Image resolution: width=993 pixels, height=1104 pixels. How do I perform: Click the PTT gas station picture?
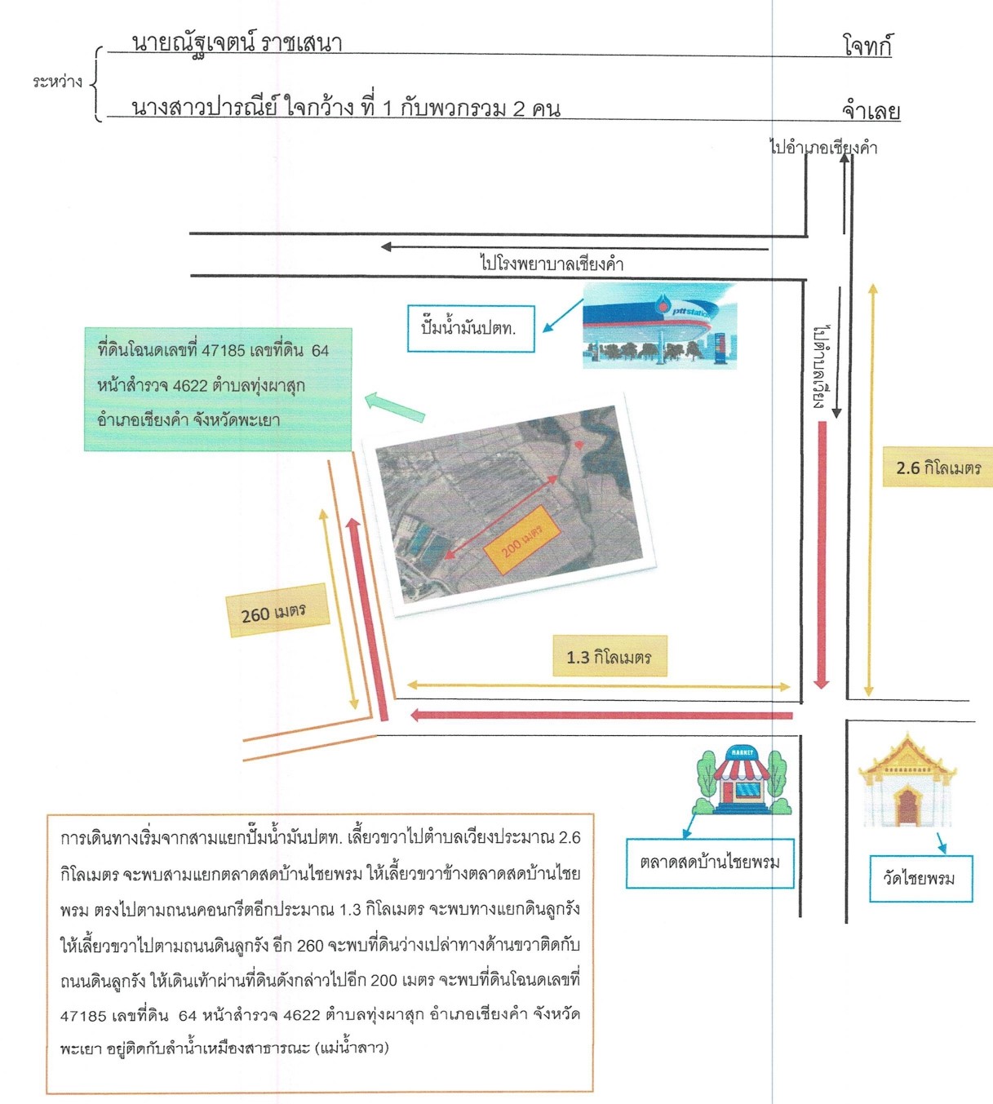(659, 326)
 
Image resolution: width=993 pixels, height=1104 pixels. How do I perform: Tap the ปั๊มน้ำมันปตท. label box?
(471, 329)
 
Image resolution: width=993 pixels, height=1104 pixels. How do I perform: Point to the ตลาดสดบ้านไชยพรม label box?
(710, 863)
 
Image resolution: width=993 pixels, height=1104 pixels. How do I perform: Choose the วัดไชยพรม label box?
(921, 878)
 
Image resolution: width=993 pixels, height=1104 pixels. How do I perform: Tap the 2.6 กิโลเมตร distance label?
(938, 468)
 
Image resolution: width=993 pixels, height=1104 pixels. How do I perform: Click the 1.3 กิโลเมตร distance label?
(610, 656)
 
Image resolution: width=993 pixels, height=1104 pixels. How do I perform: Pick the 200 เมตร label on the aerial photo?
(522, 540)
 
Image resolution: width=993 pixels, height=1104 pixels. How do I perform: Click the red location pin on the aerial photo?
(578, 444)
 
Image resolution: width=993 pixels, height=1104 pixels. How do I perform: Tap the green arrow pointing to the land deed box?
(395, 406)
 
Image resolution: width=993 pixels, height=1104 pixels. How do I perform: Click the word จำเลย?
(871, 110)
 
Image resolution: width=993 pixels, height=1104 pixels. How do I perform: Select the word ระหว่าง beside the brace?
(57, 82)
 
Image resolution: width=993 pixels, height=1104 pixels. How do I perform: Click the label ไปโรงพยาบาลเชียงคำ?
(552, 264)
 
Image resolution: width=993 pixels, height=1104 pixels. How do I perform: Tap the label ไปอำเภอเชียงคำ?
(823, 148)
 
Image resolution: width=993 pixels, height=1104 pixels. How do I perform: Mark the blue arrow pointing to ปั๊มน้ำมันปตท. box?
(562, 316)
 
